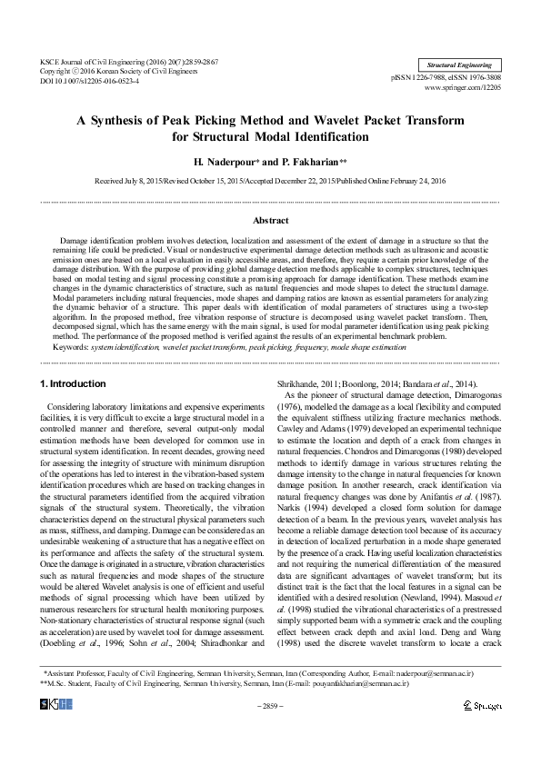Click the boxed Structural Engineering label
point(459,65)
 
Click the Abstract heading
point(270,221)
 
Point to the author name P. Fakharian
point(311,161)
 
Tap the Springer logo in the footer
point(482,730)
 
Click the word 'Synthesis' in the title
point(144,121)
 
